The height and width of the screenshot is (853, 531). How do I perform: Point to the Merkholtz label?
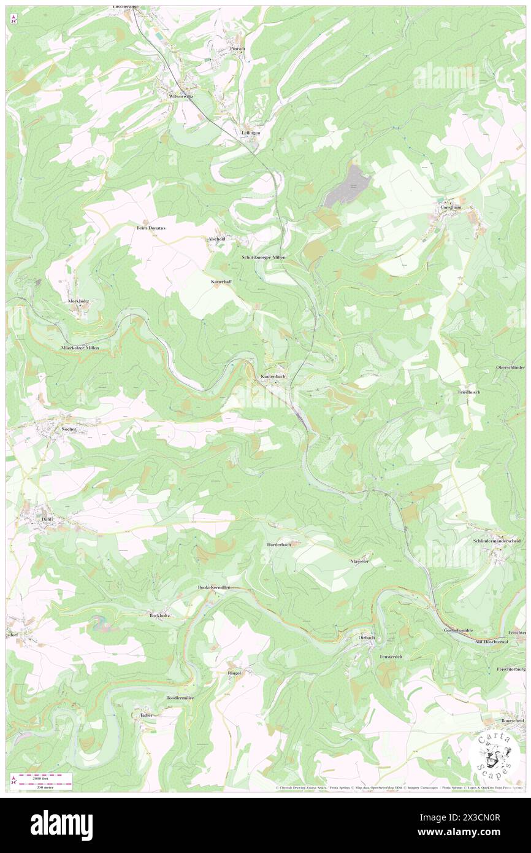(78, 301)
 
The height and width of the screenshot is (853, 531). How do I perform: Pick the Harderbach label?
(283, 544)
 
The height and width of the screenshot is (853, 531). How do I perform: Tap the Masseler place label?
(360, 561)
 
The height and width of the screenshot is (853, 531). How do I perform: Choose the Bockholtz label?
(159, 615)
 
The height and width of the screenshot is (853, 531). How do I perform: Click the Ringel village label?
(234, 673)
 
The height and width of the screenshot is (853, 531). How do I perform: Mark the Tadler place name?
(146, 715)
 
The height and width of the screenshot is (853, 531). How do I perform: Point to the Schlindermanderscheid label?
(497, 541)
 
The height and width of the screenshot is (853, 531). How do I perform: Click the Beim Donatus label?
(151, 227)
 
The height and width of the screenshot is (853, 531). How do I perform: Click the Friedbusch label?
(469, 392)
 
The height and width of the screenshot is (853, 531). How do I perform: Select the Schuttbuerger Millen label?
(264, 258)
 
